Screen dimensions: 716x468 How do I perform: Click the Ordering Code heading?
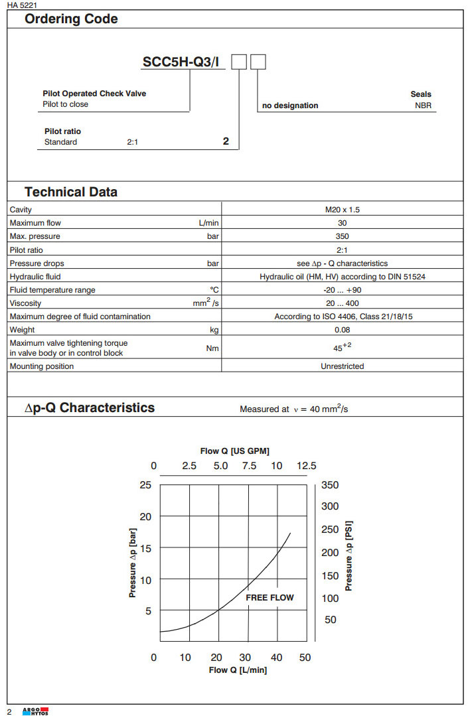(71, 19)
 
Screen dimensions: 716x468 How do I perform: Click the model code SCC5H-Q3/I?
(184, 62)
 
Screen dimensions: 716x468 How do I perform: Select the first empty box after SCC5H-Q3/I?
(239, 62)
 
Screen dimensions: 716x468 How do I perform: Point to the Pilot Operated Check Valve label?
(94, 94)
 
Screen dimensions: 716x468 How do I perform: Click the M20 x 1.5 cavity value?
(342, 210)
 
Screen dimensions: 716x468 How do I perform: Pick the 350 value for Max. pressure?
(342, 236)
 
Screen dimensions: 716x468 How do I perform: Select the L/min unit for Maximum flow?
(208, 223)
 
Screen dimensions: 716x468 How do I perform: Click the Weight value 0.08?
(342, 330)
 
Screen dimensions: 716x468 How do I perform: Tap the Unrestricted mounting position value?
(342, 366)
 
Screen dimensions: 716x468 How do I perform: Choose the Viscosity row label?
(25, 303)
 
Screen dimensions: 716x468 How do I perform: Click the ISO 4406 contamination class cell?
(343, 317)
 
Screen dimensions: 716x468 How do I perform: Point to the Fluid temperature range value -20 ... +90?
(343, 290)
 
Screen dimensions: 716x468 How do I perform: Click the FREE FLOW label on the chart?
(270, 597)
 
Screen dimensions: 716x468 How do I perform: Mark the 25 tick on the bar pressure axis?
(145, 485)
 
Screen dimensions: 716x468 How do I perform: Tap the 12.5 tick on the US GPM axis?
(306, 466)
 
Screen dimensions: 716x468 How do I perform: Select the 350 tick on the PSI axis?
(330, 485)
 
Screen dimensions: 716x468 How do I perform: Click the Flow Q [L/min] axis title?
(238, 670)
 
